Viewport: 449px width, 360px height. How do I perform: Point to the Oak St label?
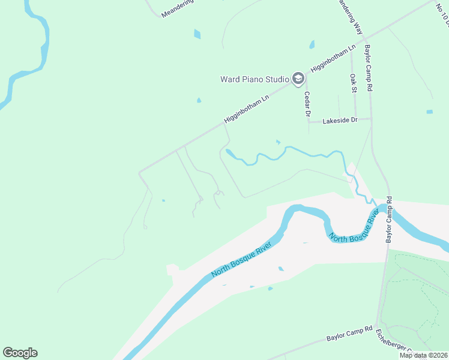click(x=354, y=83)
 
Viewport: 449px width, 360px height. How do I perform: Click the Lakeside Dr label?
click(x=340, y=121)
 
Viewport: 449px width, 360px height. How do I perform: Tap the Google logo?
click(x=20, y=352)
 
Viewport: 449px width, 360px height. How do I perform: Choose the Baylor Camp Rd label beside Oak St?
click(x=369, y=69)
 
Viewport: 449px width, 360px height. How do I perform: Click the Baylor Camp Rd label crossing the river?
click(x=389, y=220)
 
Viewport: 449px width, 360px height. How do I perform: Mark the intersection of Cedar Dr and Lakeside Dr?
click(x=309, y=121)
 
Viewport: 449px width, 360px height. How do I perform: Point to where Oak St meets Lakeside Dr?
click(x=355, y=119)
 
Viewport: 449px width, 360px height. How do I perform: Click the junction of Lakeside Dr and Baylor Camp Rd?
click(x=371, y=118)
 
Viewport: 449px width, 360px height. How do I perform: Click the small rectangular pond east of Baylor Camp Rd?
click(x=429, y=112)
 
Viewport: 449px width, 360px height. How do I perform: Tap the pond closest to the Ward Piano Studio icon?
click(x=312, y=44)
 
